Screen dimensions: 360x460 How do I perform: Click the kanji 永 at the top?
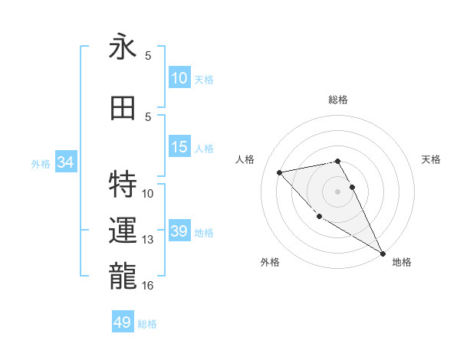[123, 47]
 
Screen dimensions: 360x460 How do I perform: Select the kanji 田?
[123, 108]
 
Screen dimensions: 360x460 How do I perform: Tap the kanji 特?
[123, 185]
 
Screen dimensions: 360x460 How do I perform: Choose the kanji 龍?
[123, 276]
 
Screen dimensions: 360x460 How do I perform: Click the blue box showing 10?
[179, 78]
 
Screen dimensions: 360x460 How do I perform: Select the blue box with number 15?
[179, 148]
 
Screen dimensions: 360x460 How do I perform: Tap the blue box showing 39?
[179, 232]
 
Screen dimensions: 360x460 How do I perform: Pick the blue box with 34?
[65, 162]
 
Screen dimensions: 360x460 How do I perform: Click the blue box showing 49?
[123, 322]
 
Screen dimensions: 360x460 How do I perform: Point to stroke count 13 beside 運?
[148, 240]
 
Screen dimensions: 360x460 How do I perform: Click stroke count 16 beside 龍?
[148, 286]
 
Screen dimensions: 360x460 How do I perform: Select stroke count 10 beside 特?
[148, 193]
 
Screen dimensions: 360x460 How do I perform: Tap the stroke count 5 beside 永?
[148, 55]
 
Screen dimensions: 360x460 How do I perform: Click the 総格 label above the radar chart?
[337, 100]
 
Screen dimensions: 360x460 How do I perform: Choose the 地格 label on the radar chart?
[402, 262]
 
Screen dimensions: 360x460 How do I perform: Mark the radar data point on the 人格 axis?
[280, 172]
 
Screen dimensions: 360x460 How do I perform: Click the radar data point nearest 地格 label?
[383, 254]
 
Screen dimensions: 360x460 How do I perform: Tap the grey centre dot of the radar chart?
[337, 191]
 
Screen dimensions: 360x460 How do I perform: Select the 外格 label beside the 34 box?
[41, 163]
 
